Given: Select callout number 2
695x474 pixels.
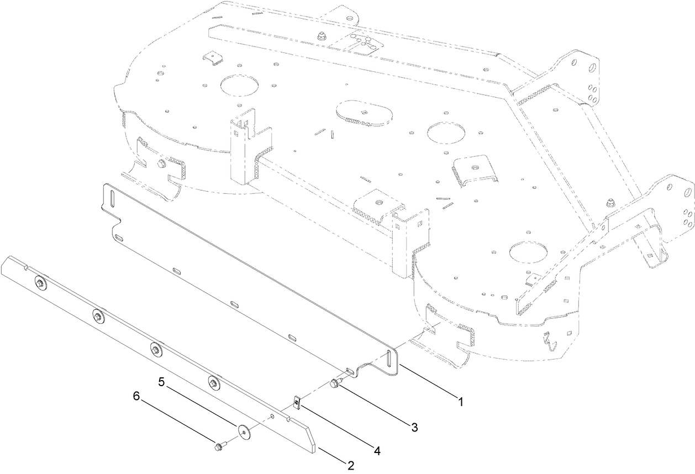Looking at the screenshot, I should tap(350, 465).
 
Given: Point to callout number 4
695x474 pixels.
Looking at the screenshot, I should tap(377, 451).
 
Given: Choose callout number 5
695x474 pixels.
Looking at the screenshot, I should tap(162, 381).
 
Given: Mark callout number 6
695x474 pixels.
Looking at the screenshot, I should tap(136, 396).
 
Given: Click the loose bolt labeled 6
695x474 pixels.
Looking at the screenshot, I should tap(219, 445).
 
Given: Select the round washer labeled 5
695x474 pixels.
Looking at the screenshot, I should tap(243, 430).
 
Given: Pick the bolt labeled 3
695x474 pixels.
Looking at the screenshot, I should tap(336, 383).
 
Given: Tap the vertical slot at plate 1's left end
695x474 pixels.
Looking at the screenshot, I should tap(110, 199).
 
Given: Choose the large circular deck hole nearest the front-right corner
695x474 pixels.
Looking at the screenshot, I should tap(526, 252).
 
